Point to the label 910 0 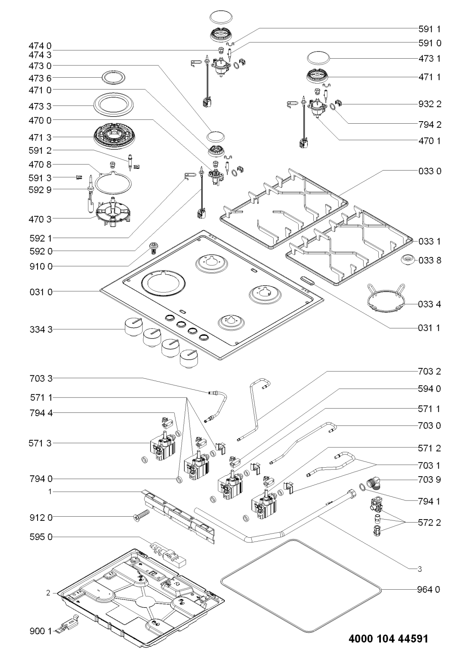41,266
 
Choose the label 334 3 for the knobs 41,330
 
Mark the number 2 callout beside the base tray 49,593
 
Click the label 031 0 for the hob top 41,292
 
